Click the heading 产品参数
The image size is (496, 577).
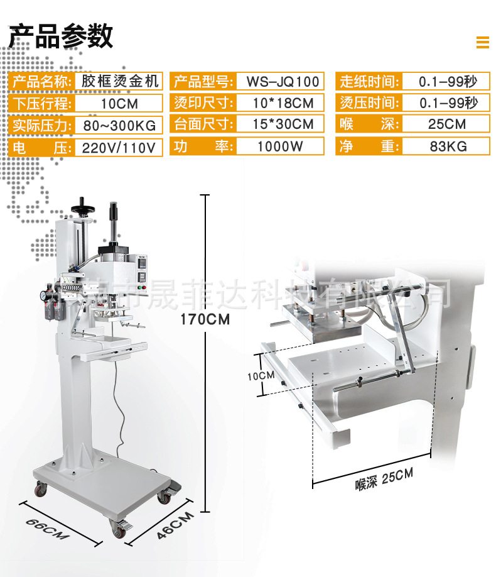click(x=60, y=36)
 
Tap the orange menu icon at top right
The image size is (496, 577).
click(x=482, y=42)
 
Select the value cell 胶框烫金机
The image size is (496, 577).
click(x=120, y=81)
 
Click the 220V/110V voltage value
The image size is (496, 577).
click(x=120, y=148)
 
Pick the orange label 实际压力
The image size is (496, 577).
click(x=42, y=125)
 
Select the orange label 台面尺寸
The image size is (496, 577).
click(x=203, y=124)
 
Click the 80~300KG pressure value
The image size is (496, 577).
click(x=120, y=125)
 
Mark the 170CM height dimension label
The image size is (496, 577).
click(x=205, y=319)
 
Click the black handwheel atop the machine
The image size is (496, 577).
click(x=80, y=206)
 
